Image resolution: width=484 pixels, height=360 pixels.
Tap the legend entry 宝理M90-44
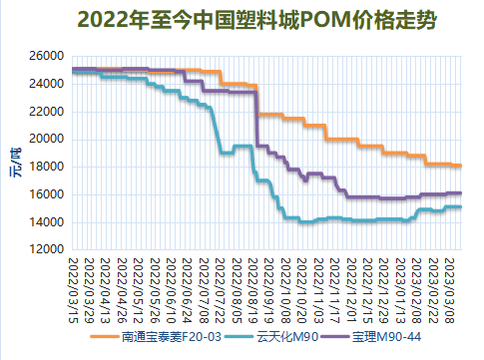click(x=391, y=339)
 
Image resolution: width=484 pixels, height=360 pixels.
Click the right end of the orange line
click(x=460, y=166)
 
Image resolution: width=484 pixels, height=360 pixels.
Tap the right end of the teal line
click(x=460, y=206)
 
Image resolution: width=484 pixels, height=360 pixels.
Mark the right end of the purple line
click(x=460, y=192)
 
